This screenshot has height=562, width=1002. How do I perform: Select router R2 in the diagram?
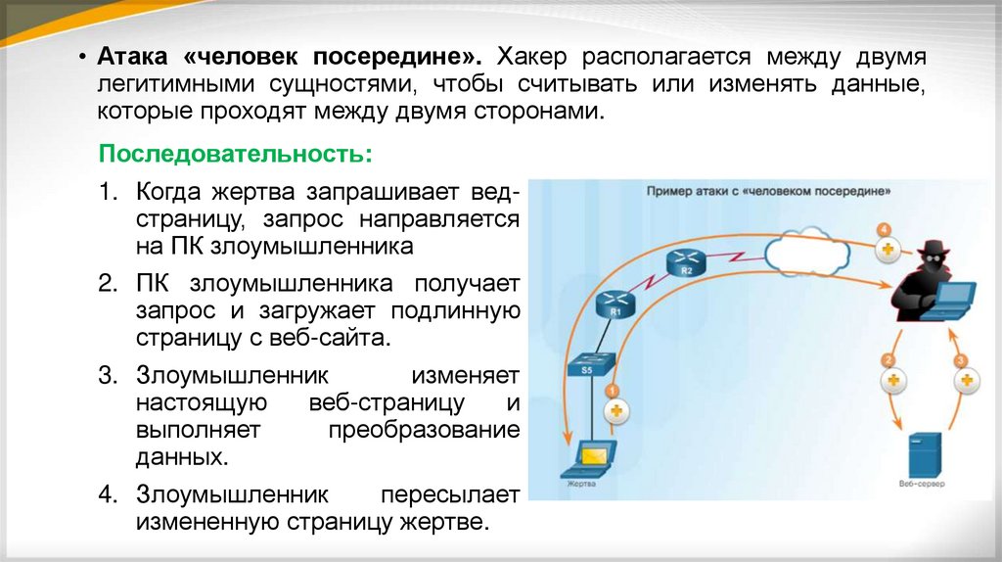(686, 262)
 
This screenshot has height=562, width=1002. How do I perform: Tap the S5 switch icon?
(588, 365)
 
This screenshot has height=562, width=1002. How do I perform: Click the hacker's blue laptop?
(951, 300)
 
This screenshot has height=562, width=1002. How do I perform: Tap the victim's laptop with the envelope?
(592, 455)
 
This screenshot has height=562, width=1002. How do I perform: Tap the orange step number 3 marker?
(961, 360)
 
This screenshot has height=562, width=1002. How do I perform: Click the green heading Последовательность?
(236, 156)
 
